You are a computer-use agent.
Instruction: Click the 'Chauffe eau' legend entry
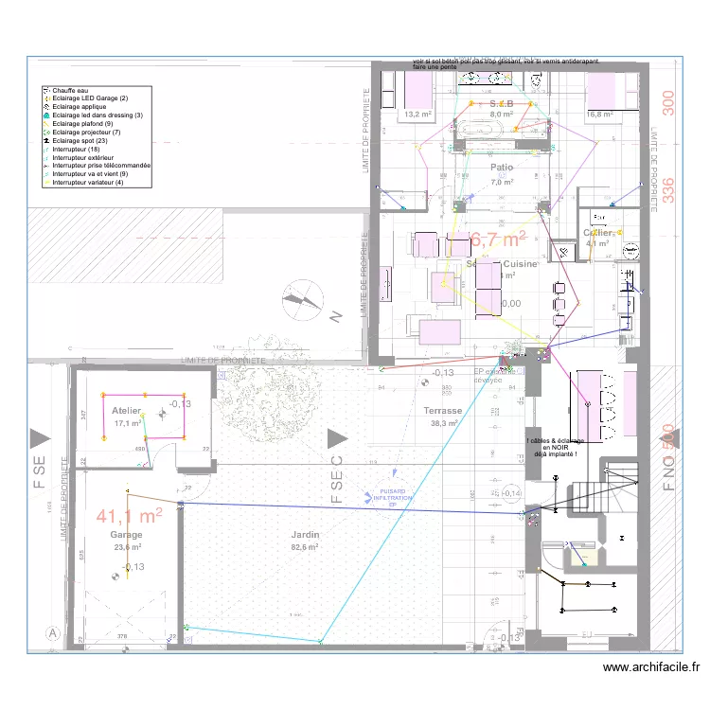coord(71,90)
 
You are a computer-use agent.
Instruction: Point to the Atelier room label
coord(126,411)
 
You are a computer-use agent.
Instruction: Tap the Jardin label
coord(305,535)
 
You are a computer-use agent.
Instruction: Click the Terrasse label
coord(442,411)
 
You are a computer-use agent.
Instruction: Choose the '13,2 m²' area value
coord(417,115)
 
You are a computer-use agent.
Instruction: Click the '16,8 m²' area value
coord(601,115)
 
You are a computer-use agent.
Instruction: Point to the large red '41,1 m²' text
coord(130,516)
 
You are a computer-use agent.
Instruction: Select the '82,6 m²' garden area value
coord(304,547)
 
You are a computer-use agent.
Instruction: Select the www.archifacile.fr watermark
coord(650,668)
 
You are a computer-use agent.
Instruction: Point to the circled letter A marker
coord(53,632)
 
